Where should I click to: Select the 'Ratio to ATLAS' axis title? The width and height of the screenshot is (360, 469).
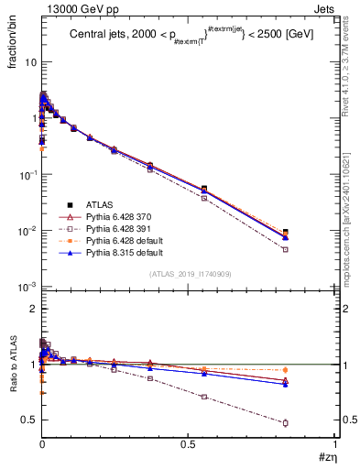(14, 366)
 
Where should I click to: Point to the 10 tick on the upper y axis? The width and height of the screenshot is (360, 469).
(29, 62)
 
